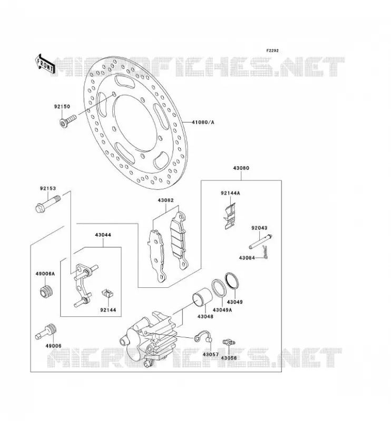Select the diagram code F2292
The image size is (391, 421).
(x=272, y=51)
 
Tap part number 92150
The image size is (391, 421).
(x=62, y=107)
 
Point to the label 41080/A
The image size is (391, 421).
(x=203, y=123)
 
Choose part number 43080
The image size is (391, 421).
(x=241, y=168)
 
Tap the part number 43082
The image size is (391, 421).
(x=165, y=201)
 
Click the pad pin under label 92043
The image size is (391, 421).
(x=260, y=242)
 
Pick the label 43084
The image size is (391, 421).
(x=247, y=258)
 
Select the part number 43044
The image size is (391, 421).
(x=103, y=235)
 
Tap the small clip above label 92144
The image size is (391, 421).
(x=107, y=293)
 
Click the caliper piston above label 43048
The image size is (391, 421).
(x=202, y=297)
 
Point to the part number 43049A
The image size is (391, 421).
(x=222, y=310)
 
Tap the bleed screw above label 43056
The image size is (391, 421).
(x=229, y=342)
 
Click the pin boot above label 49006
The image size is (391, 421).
(x=46, y=332)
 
